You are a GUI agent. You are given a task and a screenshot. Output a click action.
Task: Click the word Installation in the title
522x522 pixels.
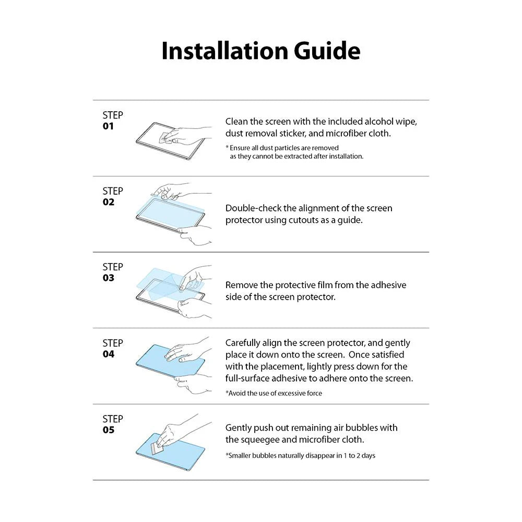224,51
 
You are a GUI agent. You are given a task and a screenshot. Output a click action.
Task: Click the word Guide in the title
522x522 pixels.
327,51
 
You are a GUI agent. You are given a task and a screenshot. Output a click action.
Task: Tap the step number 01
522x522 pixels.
108,126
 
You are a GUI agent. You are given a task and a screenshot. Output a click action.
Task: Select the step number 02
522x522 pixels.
109,202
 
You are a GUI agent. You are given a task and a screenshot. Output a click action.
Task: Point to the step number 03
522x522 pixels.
109,278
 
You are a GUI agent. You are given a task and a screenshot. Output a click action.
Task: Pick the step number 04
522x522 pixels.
109,354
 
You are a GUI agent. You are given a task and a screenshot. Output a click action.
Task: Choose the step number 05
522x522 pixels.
109,430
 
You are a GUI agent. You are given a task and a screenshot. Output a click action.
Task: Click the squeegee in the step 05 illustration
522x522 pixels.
157,448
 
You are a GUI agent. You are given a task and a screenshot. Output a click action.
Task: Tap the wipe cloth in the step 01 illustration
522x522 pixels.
167,137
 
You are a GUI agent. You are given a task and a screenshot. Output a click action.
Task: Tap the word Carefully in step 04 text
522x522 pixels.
243,343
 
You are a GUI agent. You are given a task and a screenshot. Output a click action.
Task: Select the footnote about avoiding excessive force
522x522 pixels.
274,393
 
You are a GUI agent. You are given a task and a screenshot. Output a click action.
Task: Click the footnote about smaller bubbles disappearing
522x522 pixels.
300,455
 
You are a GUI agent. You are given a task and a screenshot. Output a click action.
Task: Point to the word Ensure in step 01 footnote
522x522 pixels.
240,148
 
